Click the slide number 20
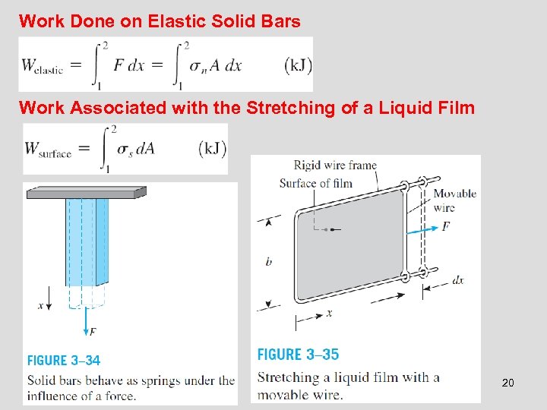click(507, 383)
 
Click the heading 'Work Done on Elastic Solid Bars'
click(160, 21)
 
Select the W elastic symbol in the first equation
click(43, 66)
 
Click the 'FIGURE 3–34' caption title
click(64, 360)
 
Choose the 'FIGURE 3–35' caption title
click(298, 354)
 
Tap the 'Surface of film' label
click(316, 183)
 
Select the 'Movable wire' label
click(454, 200)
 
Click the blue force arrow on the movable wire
click(421, 228)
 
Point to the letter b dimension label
click(269, 262)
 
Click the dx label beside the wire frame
click(457, 280)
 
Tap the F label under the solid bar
click(92, 332)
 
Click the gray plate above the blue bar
click(86, 193)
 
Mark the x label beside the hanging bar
click(40, 305)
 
